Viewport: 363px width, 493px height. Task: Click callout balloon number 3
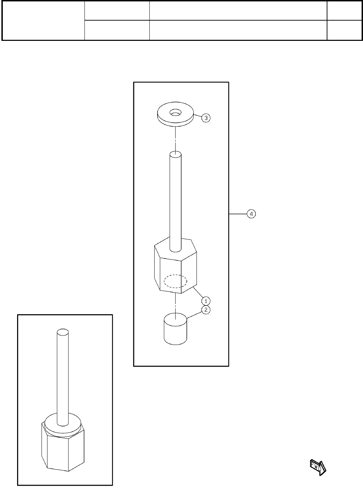(x=206, y=118)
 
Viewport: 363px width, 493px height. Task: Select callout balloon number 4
(x=251, y=213)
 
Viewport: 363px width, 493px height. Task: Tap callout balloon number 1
(x=206, y=301)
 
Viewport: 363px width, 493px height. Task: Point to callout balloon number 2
(x=206, y=310)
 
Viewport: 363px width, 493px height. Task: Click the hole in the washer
(x=175, y=112)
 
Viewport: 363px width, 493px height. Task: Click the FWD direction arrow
(x=318, y=467)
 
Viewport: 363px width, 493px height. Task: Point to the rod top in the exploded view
(x=175, y=154)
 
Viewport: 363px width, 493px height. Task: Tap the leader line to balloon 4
(x=238, y=213)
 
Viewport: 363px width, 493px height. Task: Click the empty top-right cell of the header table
(x=344, y=10)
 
